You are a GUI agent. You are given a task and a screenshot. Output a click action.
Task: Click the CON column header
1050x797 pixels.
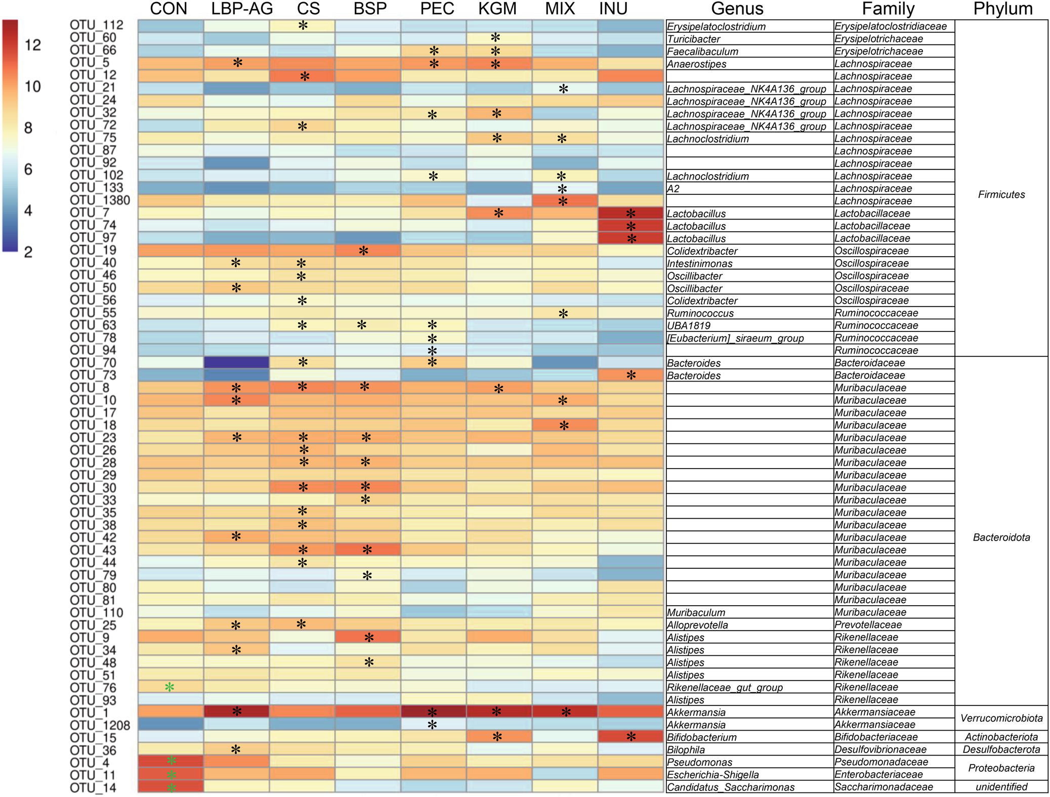point(169,9)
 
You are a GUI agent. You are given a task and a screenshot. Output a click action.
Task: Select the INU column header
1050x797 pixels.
point(613,9)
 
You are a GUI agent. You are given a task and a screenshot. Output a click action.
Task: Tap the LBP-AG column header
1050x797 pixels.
point(242,9)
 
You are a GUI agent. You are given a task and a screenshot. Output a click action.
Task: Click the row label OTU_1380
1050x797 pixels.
point(100,200)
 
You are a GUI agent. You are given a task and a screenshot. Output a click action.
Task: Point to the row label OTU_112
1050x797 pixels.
point(96,25)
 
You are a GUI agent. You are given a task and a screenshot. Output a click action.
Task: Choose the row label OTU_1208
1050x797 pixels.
point(100,725)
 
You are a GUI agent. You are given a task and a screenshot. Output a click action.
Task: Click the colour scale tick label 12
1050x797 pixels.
point(32,45)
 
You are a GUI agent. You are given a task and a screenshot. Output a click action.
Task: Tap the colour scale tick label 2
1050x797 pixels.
point(28,252)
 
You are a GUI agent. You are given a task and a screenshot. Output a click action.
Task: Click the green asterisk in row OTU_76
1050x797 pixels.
point(170,687)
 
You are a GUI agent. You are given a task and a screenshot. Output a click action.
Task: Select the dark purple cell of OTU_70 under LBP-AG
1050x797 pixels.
point(236,362)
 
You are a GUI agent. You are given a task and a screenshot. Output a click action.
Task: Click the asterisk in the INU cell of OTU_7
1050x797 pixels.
point(631,213)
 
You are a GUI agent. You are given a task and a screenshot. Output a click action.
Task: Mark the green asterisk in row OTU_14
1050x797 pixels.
point(172,787)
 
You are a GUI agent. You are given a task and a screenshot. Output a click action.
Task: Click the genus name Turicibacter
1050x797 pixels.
point(693,39)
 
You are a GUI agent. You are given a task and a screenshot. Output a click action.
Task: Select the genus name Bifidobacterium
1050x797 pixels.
point(701,737)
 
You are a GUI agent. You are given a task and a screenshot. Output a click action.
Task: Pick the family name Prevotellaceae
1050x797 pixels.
point(868,625)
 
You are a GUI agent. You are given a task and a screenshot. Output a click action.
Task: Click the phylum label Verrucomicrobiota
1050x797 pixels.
point(1001,718)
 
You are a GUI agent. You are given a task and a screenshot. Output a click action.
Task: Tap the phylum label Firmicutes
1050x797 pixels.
point(1001,194)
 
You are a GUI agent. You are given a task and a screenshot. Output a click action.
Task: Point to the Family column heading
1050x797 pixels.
point(888,9)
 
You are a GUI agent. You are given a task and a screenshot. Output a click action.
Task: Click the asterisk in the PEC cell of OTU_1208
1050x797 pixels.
point(432,725)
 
